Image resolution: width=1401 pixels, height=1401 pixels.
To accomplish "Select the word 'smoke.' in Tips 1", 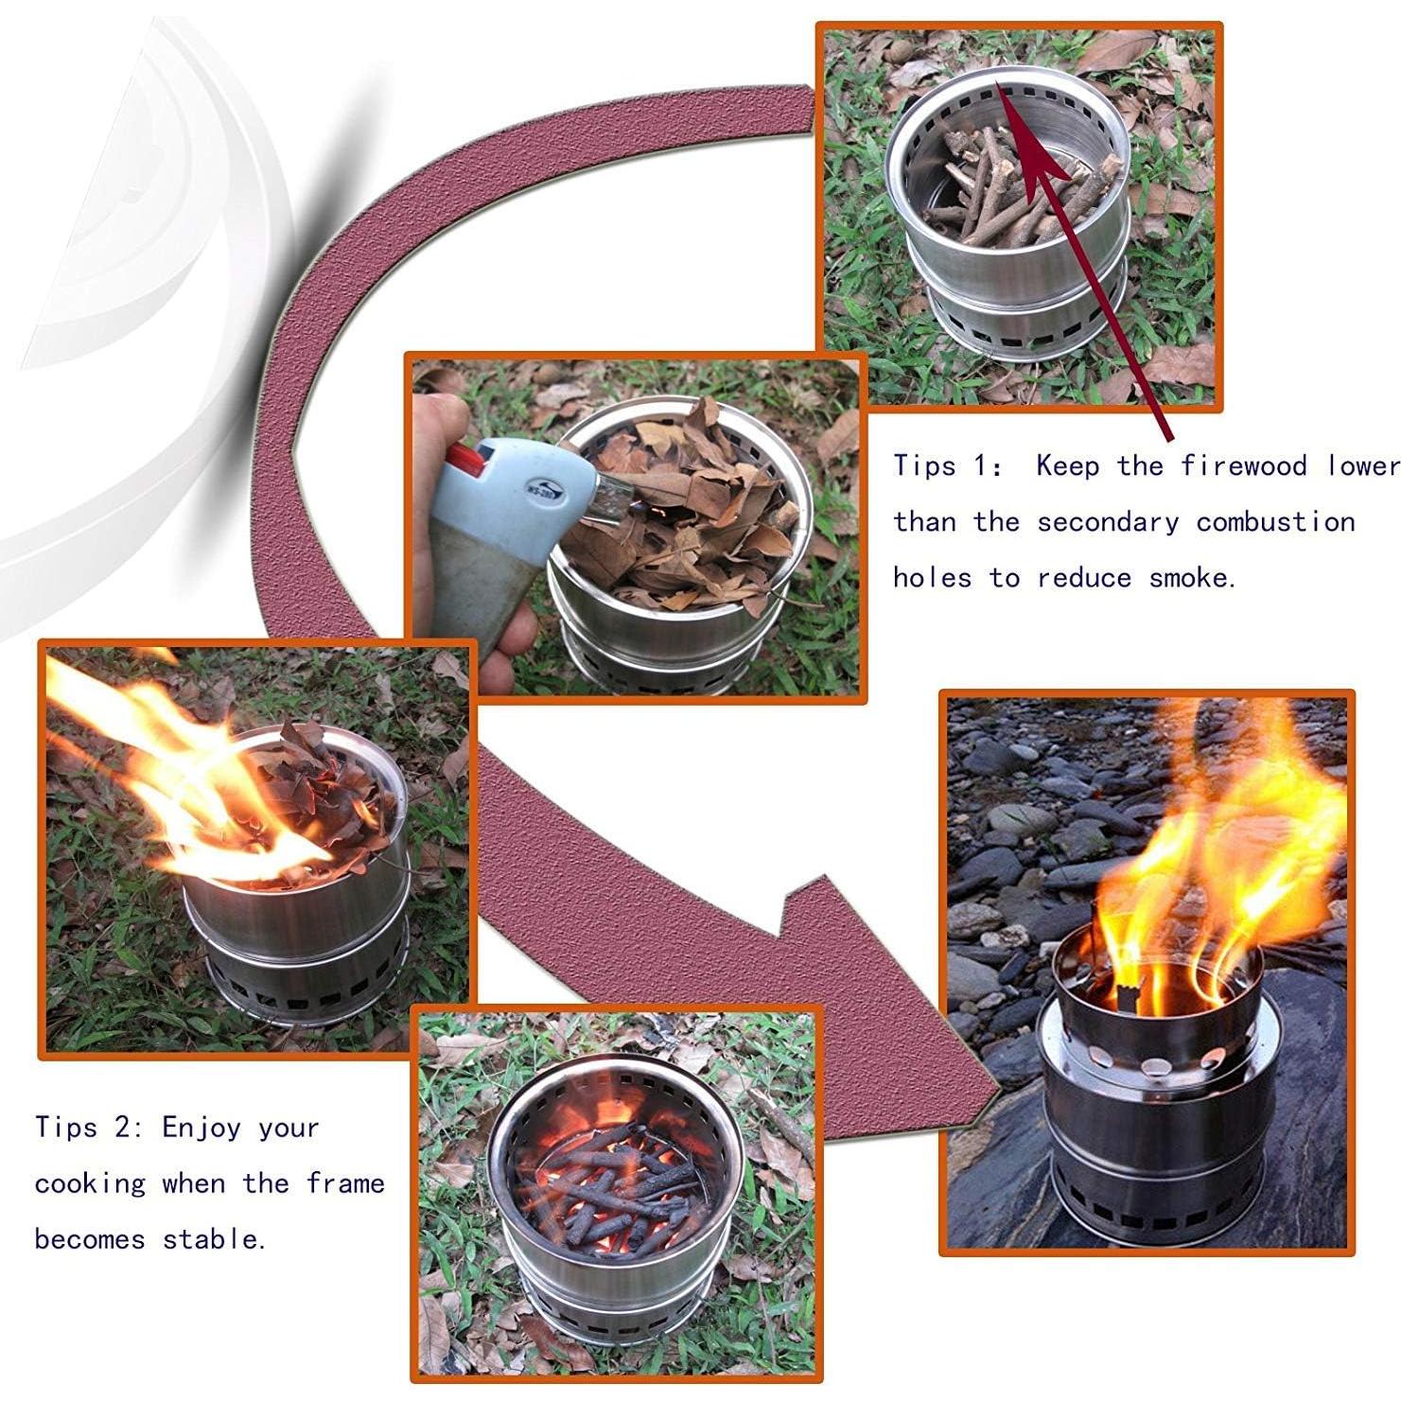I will [x=1192, y=578].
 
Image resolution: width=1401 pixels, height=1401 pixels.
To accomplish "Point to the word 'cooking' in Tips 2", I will [x=90, y=1183].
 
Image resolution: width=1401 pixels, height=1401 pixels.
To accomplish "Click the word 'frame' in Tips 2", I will [x=345, y=1183].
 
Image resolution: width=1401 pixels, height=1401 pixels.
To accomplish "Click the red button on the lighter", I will [x=466, y=461].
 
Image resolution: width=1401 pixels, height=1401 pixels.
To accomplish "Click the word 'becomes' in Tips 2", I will [x=90, y=1239].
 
